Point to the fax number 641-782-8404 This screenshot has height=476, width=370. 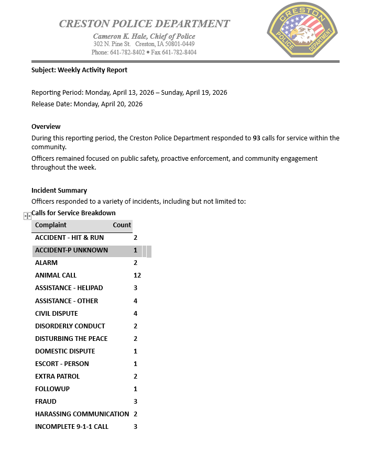[179, 52]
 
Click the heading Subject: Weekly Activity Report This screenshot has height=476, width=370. [79, 70]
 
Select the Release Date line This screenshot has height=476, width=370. [87, 104]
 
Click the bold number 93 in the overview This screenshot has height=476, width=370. [256, 138]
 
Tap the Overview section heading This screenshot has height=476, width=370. [46, 126]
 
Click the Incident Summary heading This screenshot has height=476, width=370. [59, 190]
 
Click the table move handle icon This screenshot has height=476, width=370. [27, 216]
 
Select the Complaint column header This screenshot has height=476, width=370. [51, 225]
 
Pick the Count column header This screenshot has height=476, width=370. [122, 225]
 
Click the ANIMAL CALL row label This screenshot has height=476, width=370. [56, 275]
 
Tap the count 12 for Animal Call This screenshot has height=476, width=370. [137, 275]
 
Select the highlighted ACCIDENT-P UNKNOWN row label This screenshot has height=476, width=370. [71, 250]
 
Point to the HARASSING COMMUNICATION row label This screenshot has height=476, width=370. [82, 414]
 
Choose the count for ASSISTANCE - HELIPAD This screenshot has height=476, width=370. [135, 287]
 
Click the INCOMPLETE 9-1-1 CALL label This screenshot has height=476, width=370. [72, 426]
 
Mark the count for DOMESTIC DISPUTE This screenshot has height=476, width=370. [135, 351]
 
